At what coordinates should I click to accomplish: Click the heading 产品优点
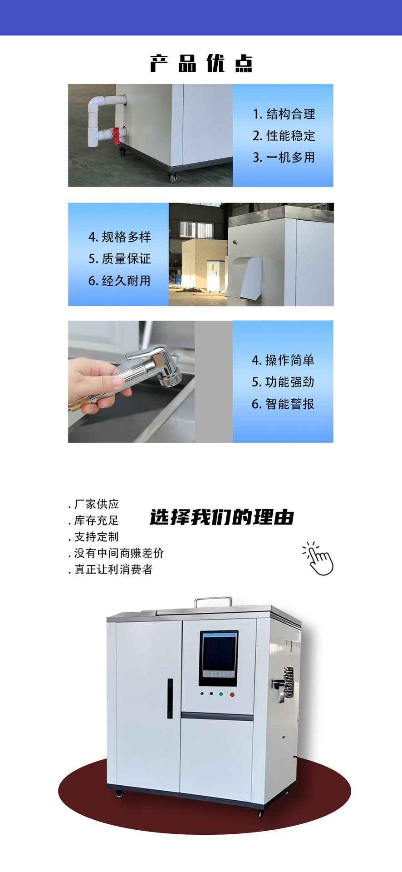[201, 63]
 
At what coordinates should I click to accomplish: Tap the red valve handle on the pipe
[117, 135]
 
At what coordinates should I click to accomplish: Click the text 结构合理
[291, 114]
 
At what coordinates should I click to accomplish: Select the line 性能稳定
[291, 136]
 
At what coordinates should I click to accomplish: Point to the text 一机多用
[291, 158]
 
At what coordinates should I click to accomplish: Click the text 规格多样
[126, 237]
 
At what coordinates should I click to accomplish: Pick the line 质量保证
[126, 259]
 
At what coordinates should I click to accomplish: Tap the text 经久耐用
[126, 281]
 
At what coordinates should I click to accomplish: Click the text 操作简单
[290, 360]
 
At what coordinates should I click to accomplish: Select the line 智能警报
[290, 404]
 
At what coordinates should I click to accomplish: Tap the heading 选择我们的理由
[222, 517]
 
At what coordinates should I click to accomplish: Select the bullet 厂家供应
[97, 504]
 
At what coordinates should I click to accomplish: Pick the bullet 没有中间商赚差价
[119, 553]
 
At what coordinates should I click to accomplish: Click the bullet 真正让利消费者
[113, 570]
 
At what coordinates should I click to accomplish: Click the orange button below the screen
[232, 694]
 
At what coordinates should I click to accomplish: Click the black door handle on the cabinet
[170, 699]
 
